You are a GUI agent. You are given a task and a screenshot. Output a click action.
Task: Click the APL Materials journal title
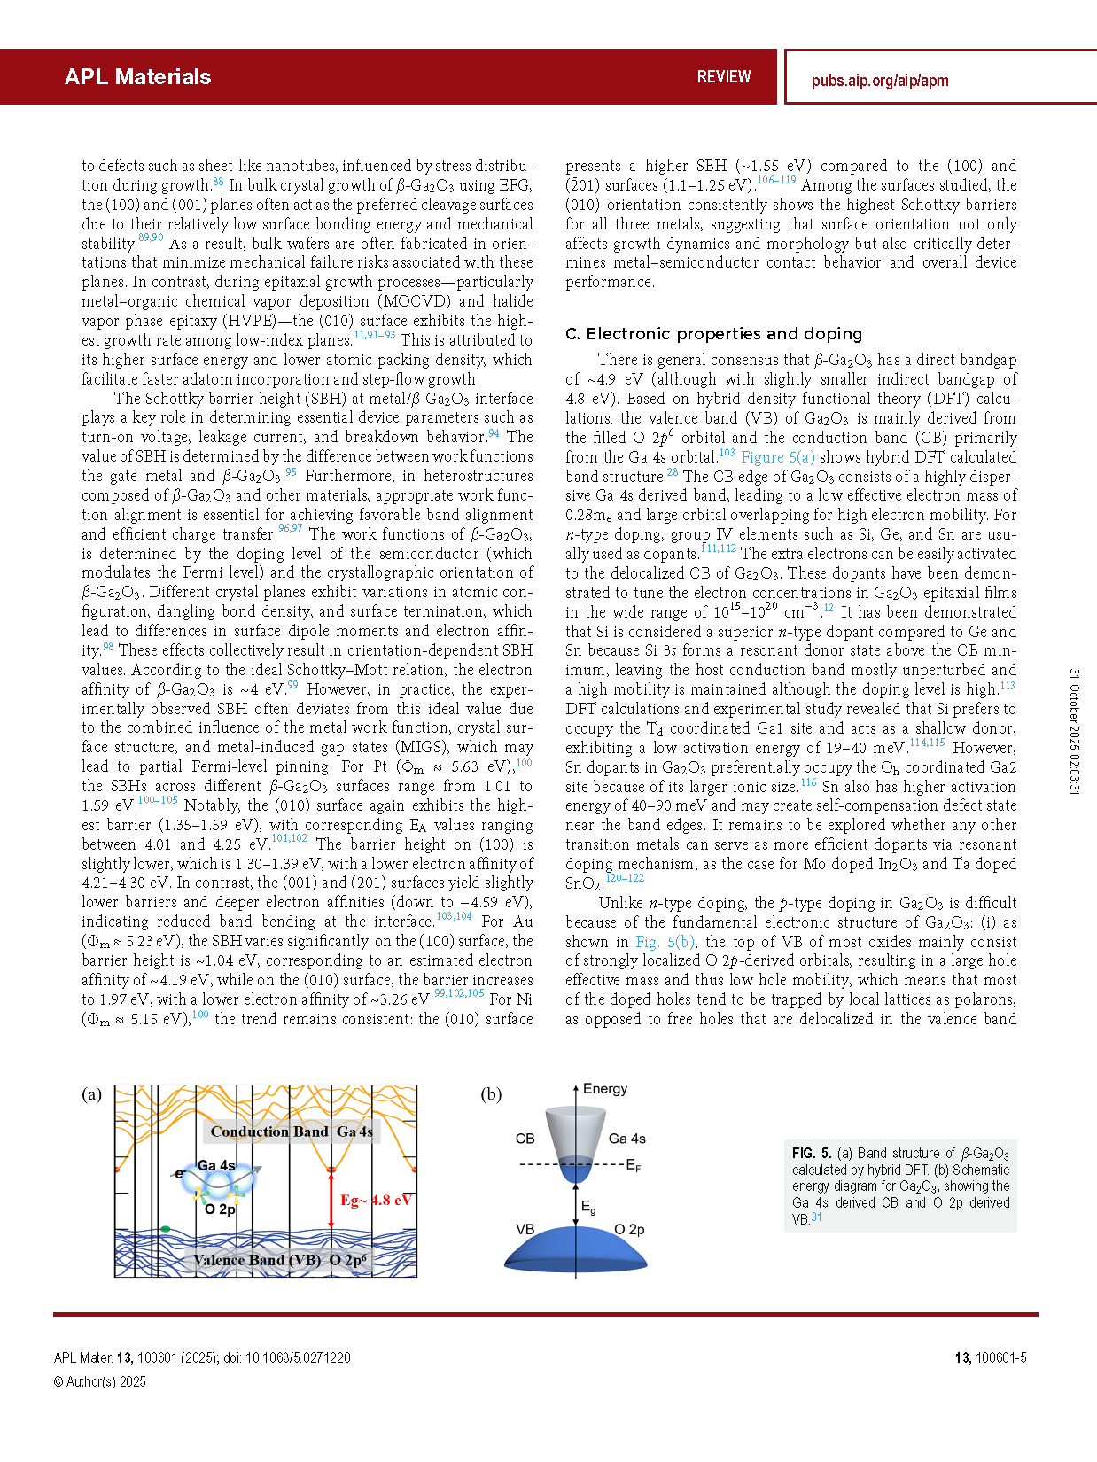(137, 77)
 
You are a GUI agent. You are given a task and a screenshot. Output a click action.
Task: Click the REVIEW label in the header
(723, 77)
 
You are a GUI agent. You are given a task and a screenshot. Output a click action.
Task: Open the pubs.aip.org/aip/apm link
(879, 81)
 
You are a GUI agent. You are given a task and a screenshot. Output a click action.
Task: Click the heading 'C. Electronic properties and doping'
(713, 333)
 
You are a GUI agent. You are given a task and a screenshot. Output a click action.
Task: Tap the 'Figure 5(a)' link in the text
(777, 457)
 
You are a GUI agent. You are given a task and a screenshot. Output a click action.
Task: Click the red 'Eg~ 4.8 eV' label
(376, 1200)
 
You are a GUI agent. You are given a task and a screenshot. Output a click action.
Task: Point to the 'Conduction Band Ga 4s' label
(292, 1131)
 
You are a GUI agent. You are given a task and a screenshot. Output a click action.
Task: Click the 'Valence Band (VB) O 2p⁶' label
(280, 1260)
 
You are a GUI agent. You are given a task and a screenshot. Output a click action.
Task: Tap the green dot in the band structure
(166, 1229)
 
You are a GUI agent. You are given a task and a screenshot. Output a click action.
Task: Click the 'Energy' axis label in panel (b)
(604, 1089)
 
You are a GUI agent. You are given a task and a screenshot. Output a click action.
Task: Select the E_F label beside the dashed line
(633, 1165)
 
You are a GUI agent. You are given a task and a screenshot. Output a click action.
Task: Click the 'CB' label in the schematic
(525, 1139)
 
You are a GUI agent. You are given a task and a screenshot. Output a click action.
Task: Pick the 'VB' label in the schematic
(525, 1229)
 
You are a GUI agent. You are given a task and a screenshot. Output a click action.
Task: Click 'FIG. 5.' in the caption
(811, 1153)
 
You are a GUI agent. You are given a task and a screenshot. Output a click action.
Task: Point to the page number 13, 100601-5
(990, 1357)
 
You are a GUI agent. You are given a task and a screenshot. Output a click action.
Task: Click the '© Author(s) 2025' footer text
(100, 1381)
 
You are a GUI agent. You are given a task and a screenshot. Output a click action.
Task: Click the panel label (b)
(491, 1094)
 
